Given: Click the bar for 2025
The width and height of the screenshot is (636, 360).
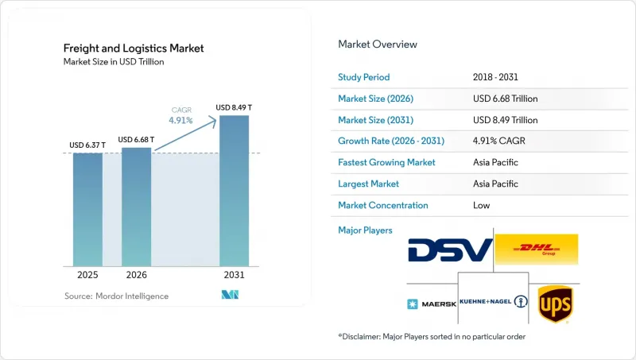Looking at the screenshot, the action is pos(87,210).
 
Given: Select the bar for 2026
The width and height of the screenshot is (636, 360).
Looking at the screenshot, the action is pos(136,207).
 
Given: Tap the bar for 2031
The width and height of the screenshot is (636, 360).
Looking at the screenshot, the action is pos(234,191).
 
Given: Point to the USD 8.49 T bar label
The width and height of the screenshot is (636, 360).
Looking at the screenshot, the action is pos(234,107).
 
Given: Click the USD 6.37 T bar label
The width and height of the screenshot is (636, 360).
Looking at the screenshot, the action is pos(87,145).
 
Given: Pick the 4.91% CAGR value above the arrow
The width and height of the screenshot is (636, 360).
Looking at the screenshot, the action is pos(181,121).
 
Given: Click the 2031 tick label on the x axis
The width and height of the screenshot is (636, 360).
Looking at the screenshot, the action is pos(234,275).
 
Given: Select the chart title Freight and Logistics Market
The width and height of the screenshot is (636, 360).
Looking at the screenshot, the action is pos(134,48).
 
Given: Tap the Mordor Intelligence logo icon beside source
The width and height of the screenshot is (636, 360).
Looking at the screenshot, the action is pos(230,295).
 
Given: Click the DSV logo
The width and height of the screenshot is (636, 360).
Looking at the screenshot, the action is pos(450,250).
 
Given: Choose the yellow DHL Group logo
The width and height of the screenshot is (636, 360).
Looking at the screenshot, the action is pos(537,250).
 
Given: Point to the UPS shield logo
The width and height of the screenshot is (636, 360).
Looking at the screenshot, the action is pos(555,304).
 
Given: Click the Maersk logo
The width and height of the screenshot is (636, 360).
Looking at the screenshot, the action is pos(432,304).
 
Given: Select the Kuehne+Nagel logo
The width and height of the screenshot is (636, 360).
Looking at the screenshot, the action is pos(494,302).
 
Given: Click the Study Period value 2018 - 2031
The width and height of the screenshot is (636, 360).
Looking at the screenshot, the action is pos(495,77).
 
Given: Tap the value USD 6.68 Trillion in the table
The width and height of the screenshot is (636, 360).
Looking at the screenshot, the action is pos(506,99).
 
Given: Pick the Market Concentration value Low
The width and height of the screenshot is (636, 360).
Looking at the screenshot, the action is pos(482,205).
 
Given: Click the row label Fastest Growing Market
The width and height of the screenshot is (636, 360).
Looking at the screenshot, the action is pos(386,163).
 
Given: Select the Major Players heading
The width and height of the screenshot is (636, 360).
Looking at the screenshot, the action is pos(365,230).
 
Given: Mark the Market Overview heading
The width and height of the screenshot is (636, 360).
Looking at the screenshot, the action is pos(378,45).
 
